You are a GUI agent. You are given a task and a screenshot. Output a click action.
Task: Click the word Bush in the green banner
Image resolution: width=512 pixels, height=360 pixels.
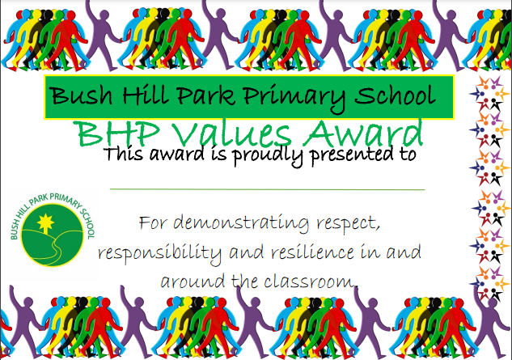[x=81, y=95]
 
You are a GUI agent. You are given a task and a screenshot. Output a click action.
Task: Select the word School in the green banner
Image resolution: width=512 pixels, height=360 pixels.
[x=395, y=95]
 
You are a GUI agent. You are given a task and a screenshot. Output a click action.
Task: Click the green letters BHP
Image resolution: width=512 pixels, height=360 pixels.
[x=119, y=133]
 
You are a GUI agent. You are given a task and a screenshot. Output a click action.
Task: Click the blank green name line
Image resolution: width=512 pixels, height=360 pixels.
[x=268, y=189]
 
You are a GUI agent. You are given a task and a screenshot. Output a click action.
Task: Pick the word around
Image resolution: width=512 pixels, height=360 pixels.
[x=193, y=282]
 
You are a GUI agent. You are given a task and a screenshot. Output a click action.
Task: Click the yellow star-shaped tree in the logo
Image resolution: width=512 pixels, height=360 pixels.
[x=45, y=222]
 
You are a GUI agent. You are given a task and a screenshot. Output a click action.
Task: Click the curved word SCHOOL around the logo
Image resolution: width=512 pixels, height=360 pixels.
[x=87, y=223]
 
